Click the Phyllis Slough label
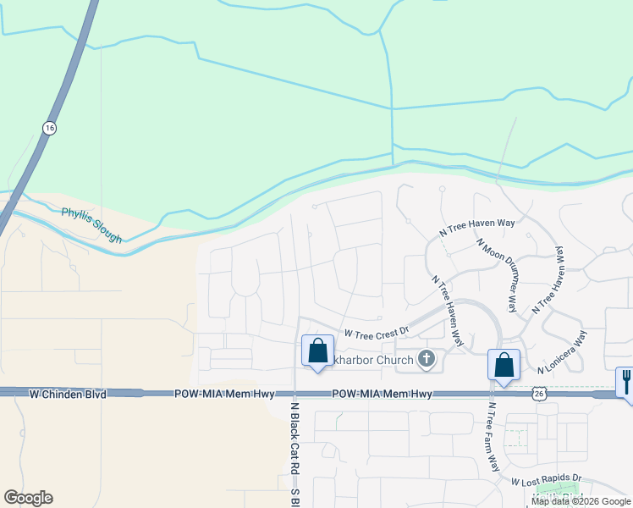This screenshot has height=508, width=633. (91, 226)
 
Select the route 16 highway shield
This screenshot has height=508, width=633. (49, 127)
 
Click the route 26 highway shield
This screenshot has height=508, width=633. (539, 393)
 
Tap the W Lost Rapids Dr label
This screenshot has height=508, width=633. (547, 479)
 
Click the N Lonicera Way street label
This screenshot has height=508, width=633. (562, 351)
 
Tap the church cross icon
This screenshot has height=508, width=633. (427, 360)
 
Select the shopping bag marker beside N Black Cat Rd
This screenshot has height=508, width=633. (317, 351)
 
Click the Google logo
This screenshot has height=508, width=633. (28, 498)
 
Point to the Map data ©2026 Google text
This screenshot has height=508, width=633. (581, 501)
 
